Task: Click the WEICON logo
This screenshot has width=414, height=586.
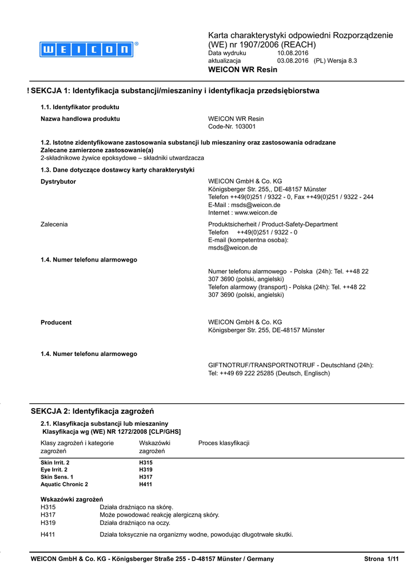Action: pos(86,50)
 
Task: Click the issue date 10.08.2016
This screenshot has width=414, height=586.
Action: pos(292,53)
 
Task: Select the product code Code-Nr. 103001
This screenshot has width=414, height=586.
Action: pos(232,126)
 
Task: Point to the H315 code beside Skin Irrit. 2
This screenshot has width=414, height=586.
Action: pos(146,462)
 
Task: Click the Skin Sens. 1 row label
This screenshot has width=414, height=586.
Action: pos(57,477)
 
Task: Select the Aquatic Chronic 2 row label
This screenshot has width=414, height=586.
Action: pos(64,484)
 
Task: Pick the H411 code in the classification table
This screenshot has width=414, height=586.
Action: pos(146,484)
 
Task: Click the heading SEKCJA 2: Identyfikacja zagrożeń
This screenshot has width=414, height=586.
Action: pos(92,411)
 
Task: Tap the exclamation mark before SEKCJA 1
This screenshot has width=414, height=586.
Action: pos(28,91)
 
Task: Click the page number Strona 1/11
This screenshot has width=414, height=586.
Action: pos(381,559)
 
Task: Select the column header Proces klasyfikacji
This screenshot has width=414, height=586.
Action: pos(224,443)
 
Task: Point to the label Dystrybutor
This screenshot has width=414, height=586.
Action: pos(58,181)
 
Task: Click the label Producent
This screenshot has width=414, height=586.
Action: pos(56,322)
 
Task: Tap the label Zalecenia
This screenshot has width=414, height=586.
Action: pos(54,224)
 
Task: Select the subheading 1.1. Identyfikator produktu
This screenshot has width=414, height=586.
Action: pos(79,107)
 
